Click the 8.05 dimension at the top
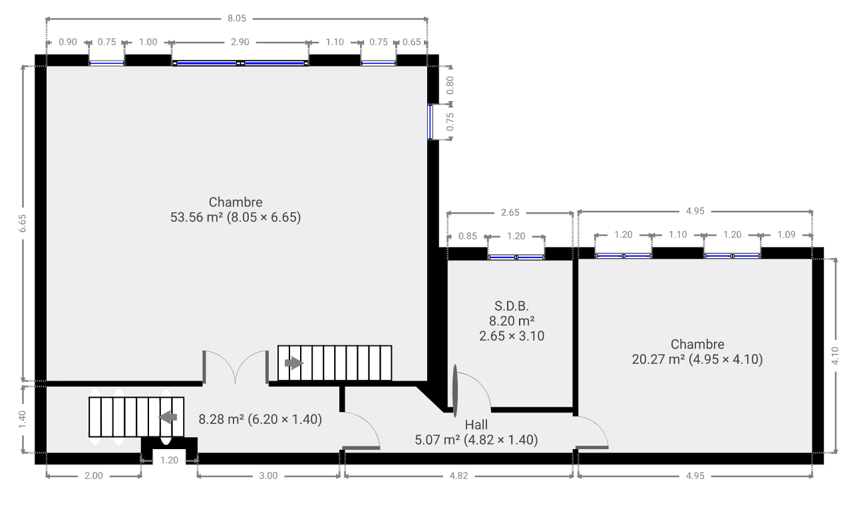[237, 19]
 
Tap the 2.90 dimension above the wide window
[240, 42]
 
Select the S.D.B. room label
[512, 306]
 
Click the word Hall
[476, 424]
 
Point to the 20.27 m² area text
[659, 359]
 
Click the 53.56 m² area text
[197, 217]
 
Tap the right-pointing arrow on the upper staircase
[294, 363]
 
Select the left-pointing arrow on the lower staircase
[168, 417]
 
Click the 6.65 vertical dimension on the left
[23, 223]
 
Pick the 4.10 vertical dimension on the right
[835, 355]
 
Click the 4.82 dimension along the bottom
[459, 476]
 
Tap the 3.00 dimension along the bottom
[268, 476]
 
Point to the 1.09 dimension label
[786, 234]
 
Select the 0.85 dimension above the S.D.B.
[468, 236]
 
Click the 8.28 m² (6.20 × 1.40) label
[260, 419]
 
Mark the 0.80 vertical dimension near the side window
[450, 85]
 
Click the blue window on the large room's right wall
[431, 122]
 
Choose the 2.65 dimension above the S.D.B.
[510, 212]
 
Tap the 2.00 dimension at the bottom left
[94, 476]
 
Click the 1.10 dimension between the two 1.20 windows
[677, 234]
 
